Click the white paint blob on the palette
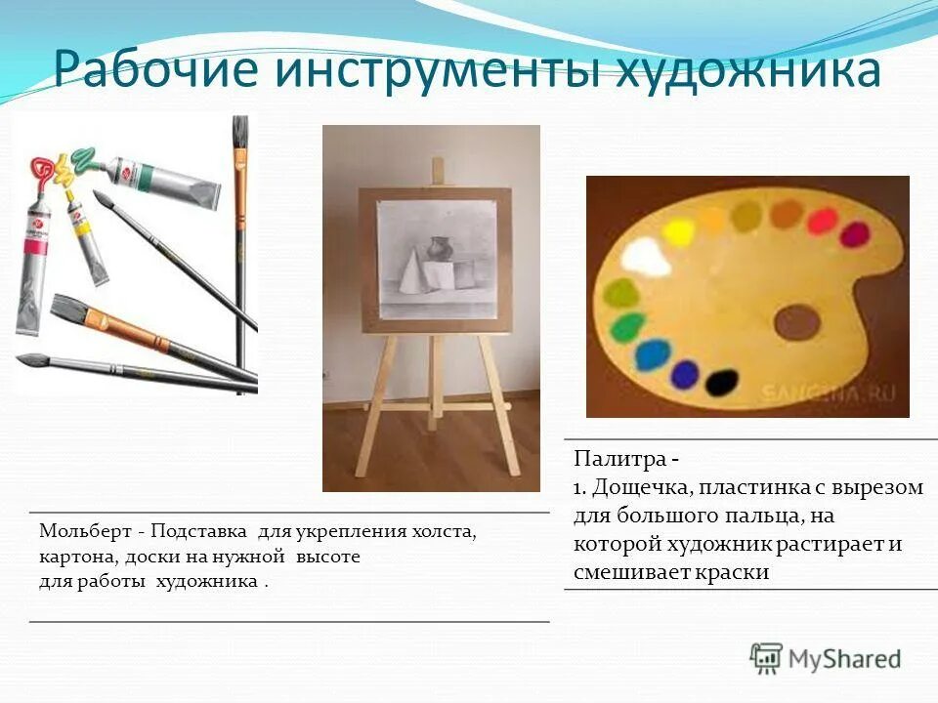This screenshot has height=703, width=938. (646, 259)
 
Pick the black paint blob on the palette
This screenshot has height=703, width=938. (721, 381)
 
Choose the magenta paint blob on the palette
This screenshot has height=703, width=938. (854, 234)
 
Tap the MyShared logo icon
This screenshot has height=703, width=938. (767, 658)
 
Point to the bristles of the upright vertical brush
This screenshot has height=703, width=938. (239, 132)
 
